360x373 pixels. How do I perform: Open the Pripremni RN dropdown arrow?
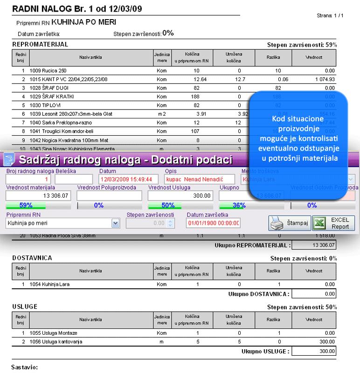point(116,223)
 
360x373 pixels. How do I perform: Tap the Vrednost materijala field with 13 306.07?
point(39,195)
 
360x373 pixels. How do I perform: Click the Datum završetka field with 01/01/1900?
point(213,223)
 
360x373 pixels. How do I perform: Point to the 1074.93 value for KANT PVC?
point(322,79)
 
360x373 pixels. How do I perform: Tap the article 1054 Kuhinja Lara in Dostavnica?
point(48,284)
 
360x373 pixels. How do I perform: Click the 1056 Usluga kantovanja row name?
point(53,342)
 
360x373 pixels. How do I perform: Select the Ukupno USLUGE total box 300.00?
point(317,351)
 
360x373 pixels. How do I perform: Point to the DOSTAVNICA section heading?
point(32,257)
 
